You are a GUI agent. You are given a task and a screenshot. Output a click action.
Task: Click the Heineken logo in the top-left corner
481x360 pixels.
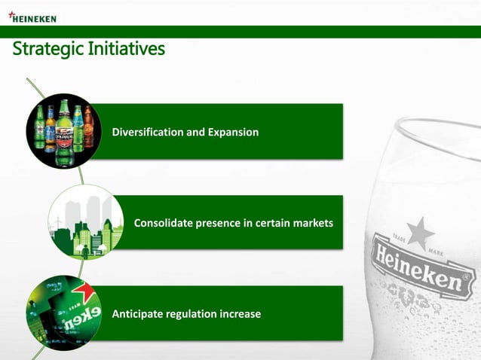click(34, 17)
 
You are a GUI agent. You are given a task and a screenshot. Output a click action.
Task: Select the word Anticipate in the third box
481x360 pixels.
click(139, 313)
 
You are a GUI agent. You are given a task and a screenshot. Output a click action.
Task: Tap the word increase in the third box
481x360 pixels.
click(242, 313)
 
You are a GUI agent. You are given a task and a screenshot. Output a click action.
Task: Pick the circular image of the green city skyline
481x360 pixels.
click(85, 223)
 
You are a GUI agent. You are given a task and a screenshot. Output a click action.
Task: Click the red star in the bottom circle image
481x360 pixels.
click(83, 290)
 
